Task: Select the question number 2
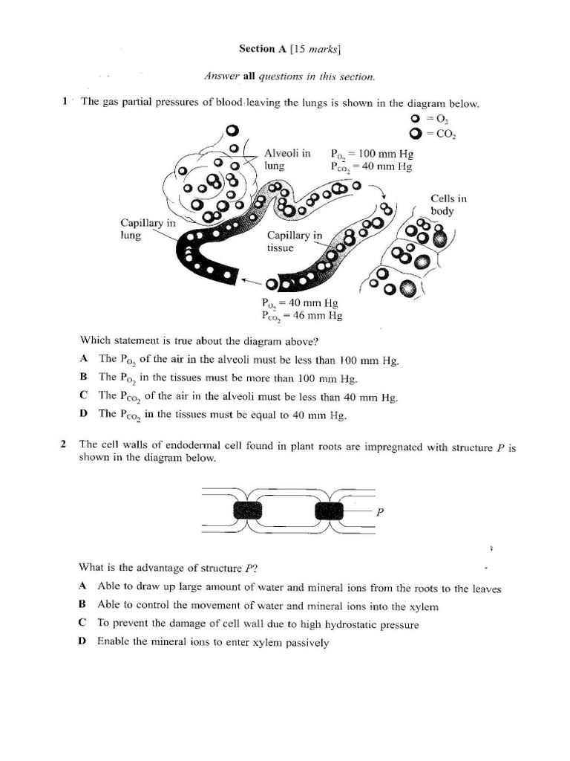(x=65, y=444)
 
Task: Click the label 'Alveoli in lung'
(x=287, y=160)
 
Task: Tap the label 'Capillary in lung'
(x=148, y=228)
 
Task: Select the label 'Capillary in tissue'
(x=295, y=242)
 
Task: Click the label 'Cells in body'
(x=449, y=204)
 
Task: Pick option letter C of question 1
(x=84, y=395)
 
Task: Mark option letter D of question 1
(x=84, y=413)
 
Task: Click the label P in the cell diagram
(x=380, y=511)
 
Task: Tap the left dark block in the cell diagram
(x=248, y=510)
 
